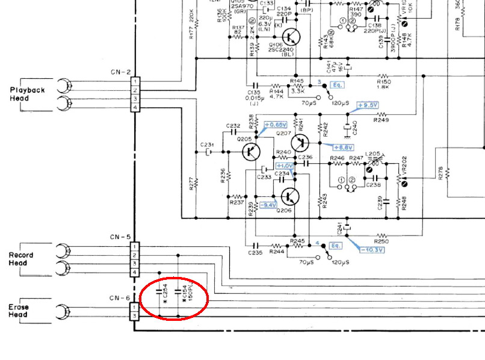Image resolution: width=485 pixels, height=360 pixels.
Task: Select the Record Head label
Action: tap(21, 259)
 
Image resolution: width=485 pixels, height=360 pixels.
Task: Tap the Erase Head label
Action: tap(19, 311)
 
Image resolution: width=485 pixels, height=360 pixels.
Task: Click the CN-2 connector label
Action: tap(120, 72)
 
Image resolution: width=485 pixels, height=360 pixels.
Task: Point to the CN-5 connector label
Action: tap(120, 237)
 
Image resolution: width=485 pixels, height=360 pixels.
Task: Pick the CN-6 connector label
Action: tap(120, 298)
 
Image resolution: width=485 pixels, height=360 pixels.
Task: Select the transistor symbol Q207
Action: tap(300, 143)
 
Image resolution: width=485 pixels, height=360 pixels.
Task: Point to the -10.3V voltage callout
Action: tap(372, 249)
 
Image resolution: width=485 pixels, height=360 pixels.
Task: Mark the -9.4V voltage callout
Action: tap(267, 205)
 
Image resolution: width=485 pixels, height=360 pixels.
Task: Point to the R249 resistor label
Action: tap(381, 120)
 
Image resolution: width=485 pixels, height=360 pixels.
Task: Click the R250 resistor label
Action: tap(382, 241)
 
